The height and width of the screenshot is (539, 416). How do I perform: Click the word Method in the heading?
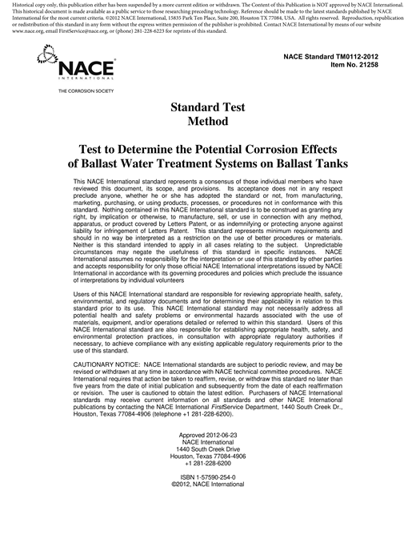point(207,122)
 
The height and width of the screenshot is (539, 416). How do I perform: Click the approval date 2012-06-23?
point(227,434)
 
